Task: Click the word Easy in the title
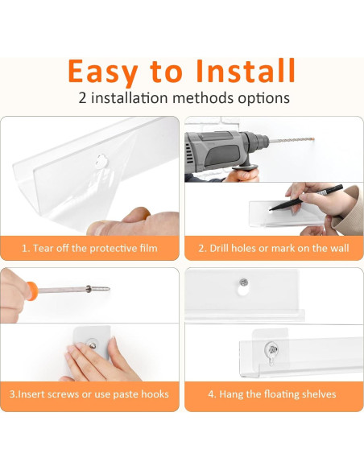click(103, 72)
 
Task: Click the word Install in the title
click(246, 71)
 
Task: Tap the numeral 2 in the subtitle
click(82, 98)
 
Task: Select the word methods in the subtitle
click(204, 98)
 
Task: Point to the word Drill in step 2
click(219, 248)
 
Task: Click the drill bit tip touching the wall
click(313, 138)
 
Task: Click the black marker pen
click(306, 197)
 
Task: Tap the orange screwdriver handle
click(31, 291)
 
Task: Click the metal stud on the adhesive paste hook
click(92, 344)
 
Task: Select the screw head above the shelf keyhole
click(243, 282)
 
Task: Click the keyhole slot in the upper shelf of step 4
click(243, 291)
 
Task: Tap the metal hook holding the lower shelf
click(271, 352)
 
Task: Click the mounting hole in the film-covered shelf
click(101, 161)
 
